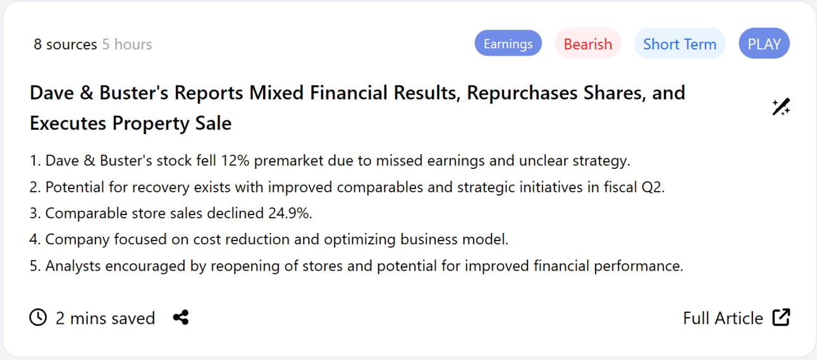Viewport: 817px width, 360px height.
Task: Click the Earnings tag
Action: coord(508,44)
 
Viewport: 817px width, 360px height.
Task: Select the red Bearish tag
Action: coord(588,44)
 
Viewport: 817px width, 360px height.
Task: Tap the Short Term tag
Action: coord(680,44)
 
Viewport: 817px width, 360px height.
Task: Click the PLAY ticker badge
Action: coord(764,44)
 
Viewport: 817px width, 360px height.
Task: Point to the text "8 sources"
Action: coord(65,44)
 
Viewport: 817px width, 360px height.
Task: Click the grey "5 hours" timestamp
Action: coord(127,44)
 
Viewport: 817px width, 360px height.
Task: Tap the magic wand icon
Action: coord(781,107)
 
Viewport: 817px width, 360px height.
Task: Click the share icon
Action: coord(181,318)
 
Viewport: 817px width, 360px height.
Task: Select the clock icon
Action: coord(39,318)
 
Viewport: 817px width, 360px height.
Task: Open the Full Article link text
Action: coord(723,318)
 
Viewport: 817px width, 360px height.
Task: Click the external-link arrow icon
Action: coord(781,317)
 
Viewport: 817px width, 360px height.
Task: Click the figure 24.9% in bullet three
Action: coord(290,213)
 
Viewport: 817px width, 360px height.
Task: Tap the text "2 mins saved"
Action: coord(105,318)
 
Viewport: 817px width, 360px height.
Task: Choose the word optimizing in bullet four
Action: coord(360,240)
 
